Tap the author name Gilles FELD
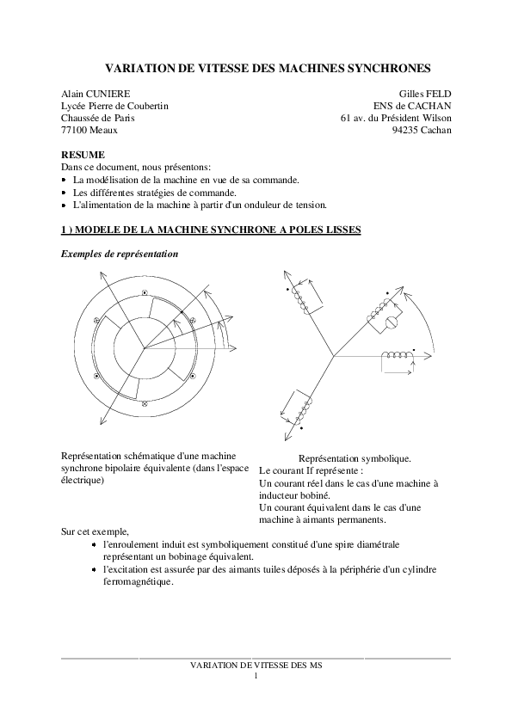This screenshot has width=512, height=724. point(425,93)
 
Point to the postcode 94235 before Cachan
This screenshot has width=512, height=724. point(405,130)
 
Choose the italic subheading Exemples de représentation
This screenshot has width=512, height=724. point(120,255)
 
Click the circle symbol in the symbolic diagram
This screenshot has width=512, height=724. point(388,322)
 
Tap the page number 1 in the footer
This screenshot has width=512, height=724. point(256,677)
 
